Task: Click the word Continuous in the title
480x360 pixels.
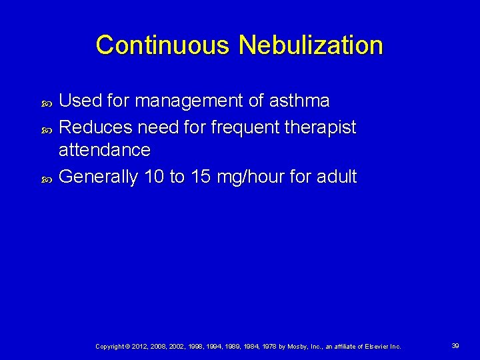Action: click(x=164, y=45)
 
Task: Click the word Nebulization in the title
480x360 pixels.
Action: click(x=311, y=45)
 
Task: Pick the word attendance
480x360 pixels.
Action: click(x=105, y=149)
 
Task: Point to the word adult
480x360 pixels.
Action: click(x=337, y=177)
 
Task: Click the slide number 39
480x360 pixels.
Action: click(x=455, y=345)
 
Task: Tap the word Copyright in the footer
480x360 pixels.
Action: click(x=109, y=346)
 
